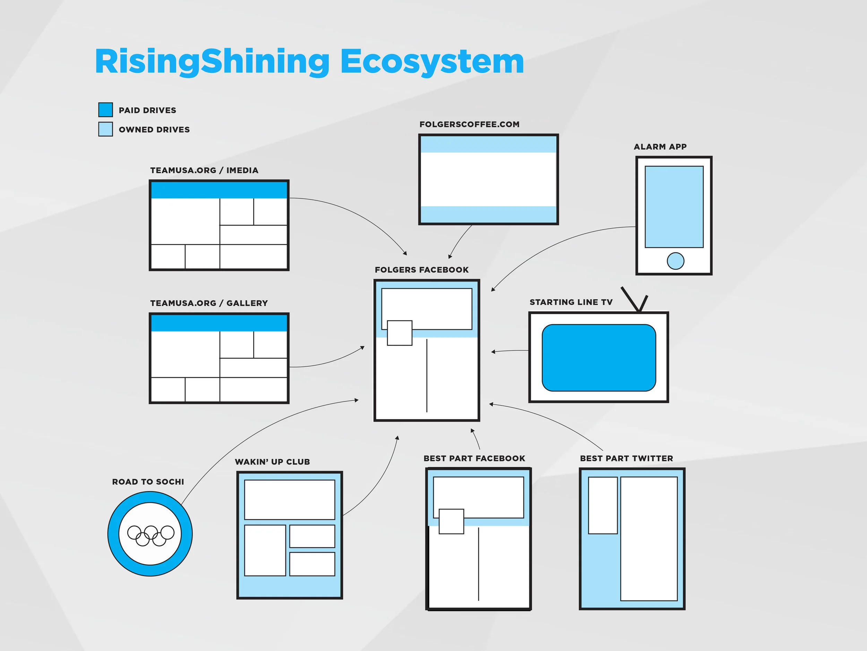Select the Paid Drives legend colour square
(x=105, y=110)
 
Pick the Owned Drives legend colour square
(x=105, y=129)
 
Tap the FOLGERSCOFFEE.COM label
(x=469, y=124)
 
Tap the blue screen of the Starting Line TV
(x=599, y=358)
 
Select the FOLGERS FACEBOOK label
(x=421, y=270)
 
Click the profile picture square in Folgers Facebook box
(x=400, y=333)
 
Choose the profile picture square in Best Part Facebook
(x=451, y=521)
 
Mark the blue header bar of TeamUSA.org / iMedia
(x=219, y=190)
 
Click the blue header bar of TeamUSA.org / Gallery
(x=219, y=323)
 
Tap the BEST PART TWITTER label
(x=626, y=458)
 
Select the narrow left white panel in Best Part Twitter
(x=603, y=506)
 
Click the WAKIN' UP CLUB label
(x=272, y=462)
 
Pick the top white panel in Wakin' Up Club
(x=290, y=500)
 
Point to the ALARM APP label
(x=660, y=147)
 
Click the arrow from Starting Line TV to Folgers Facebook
(x=509, y=351)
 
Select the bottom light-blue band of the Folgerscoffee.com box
(x=488, y=214)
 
